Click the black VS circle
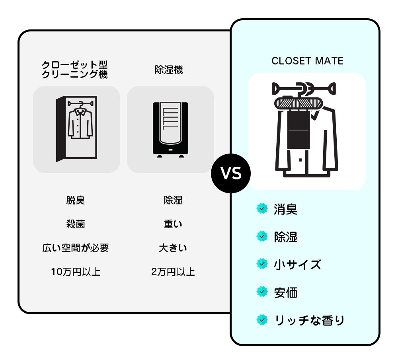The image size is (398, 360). [231, 173]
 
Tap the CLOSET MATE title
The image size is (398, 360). [307, 61]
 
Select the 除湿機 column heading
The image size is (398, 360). [169, 70]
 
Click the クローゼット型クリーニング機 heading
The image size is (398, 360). [75, 70]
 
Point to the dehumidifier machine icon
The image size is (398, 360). [170, 130]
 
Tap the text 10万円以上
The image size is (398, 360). [76, 272]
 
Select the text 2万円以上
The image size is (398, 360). [173, 272]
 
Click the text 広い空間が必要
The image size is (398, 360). [75, 248]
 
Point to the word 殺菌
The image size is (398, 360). [75, 224]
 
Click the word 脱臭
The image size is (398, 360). [75, 200]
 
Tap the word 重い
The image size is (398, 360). [173, 224]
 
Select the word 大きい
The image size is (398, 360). [173, 248]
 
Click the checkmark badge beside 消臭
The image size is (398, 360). [262, 208]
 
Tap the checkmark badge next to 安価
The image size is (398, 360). [262, 292]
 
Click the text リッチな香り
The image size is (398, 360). [309, 320]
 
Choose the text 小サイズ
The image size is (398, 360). [297, 265]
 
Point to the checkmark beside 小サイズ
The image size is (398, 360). [262, 264]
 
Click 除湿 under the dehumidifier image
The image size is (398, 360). [173, 200]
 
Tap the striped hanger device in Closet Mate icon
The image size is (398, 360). [298, 104]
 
